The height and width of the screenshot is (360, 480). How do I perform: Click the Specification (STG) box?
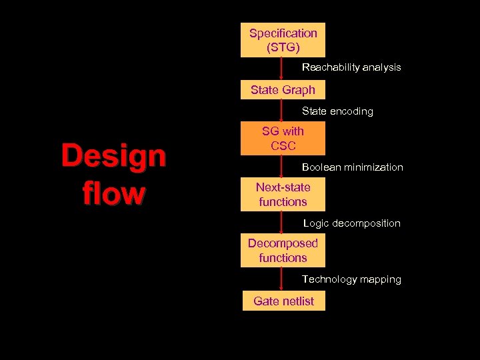point(283,40)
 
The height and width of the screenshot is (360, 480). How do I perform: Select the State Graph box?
point(283,90)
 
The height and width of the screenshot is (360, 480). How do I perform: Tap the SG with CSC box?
point(283,138)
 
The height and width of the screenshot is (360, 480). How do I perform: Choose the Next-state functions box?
point(283,194)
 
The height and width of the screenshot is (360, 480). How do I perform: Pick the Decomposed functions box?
point(283,250)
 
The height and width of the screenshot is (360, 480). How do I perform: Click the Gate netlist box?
point(283,301)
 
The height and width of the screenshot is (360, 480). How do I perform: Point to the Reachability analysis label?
point(351,67)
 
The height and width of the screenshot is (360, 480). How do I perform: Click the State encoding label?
point(337,111)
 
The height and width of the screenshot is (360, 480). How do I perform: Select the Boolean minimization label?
point(352,167)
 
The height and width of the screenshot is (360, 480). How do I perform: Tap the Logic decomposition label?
point(351,223)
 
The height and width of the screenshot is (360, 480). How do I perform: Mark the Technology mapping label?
point(351,279)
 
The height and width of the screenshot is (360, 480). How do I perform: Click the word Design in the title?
point(113,157)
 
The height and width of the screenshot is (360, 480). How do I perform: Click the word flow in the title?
point(113,193)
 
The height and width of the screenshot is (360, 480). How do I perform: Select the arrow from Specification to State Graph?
point(283,69)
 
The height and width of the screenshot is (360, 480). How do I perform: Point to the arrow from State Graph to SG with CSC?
point(283,111)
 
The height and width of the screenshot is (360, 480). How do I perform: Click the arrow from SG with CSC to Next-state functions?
point(283,167)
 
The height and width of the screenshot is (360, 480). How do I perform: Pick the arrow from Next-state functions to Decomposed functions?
point(283,223)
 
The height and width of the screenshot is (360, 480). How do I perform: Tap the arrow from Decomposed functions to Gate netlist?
point(283,279)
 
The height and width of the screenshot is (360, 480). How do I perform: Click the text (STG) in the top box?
point(283,47)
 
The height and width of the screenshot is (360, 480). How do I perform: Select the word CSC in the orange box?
point(283,145)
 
